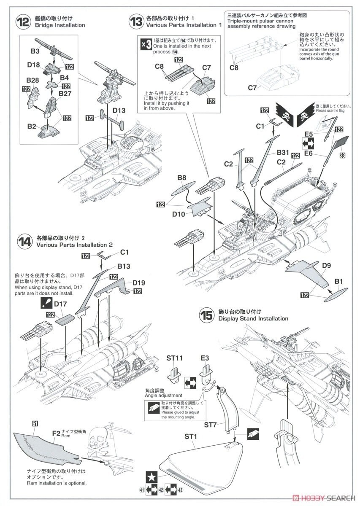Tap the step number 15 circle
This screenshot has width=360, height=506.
pyautogui.click(x=207, y=315)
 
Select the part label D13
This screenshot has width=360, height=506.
pyautogui.click(x=119, y=110)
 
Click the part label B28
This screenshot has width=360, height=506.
pyautogui.click(x=32, y=80)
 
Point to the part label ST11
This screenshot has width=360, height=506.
pyautogui.click(x=174, y=358)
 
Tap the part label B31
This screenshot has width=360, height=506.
pyautogui.click(x=284, y=153)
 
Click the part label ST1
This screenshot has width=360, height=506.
pyautogui.click(x=191, y=436)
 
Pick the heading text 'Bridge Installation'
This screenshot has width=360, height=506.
pyautogui.click(x=61, y=25)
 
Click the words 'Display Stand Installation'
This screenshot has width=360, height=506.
pyautogui.click(x=253, y=319)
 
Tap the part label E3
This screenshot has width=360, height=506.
pyautogui.click(x=205, y=358)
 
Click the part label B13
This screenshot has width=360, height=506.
pyautogui.click(x=124, y=266)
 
